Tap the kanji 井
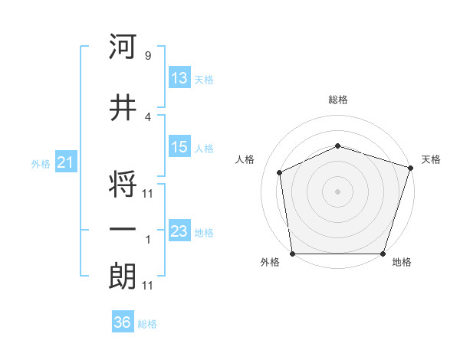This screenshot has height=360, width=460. tap(123, 108)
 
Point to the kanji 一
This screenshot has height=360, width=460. tap(123, 230)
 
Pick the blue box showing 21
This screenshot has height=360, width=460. tap(64, 162)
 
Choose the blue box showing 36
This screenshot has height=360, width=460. tap(122, 322)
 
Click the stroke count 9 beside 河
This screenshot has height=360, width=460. tap(147, 56)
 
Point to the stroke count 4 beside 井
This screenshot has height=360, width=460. tap(147, 117)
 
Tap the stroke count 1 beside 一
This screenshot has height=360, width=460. tap(147, 240)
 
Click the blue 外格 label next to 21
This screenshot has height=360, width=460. tap(41, 163)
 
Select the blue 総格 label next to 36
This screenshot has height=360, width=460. tap(147, 324)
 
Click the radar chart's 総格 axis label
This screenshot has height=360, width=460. tap(337, 100)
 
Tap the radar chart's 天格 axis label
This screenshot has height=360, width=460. tap(431, 159)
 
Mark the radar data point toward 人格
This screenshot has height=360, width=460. tap(280, 172)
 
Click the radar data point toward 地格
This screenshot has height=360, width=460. tap(383, 254)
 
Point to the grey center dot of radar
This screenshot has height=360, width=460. tap(337, 191)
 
